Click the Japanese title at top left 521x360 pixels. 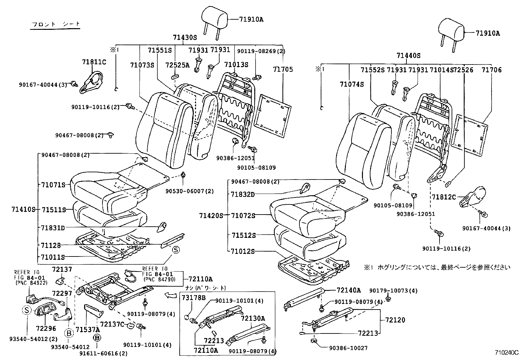pyautogui.click(x=55, y=25)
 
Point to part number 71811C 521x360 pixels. pyautogui.click(x=94, y=62)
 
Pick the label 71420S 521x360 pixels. pyautogui.click(x=211, y=216)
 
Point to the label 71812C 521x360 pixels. pyautogui.click(x=443, y=197)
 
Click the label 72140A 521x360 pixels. pyautogui.click(x=349, y=290)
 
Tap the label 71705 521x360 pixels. pyautogui.click(x=283, y=69)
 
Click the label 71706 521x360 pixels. pyautogui.click(x=492, y=70)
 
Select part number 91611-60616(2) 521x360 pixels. pyautogui.click(x=104, y=353)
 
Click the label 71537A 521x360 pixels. pyautogui.click(x=87, y=329)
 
